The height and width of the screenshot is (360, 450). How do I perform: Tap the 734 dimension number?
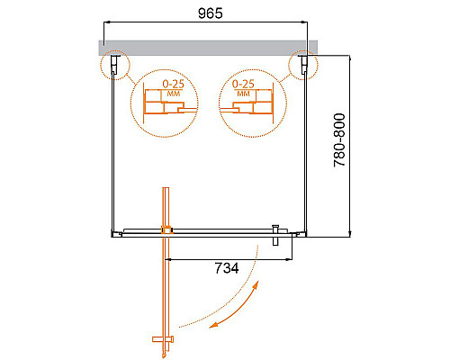[226, 267]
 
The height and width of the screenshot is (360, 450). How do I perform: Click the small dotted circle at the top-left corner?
[113, 65]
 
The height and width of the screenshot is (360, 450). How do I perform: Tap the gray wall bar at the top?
[208, 44]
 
